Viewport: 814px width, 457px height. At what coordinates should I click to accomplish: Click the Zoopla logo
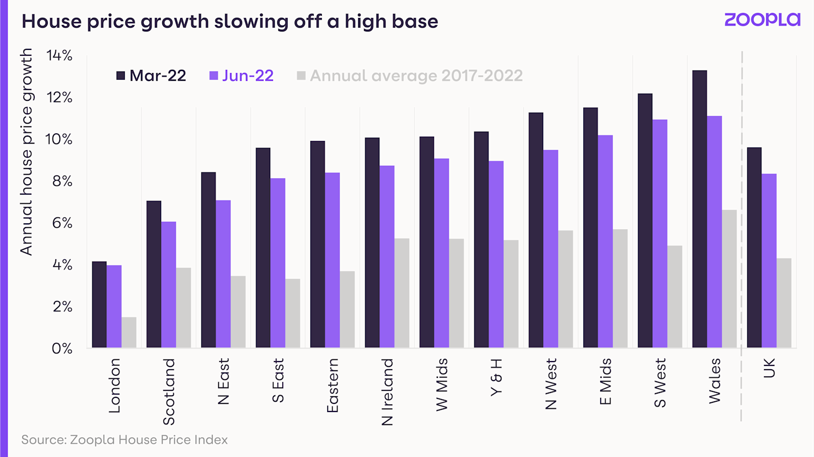click(x=762, y=20)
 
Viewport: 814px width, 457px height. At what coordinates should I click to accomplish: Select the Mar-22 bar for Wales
click(x=699, y=209)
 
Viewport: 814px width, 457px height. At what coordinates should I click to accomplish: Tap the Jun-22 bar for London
click(x=114, y=306)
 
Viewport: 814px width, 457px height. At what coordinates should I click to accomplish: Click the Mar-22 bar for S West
click(x=645, y=221)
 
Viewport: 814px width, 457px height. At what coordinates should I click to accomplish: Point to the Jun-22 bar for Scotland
click(x=168, y=285)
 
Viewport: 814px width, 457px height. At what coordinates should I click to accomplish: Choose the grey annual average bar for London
click(x=129, y=332)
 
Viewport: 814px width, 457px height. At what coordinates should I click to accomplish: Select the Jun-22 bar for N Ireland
click(x=387, y=256)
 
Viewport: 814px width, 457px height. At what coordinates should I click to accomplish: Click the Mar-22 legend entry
click(x=151, y=75)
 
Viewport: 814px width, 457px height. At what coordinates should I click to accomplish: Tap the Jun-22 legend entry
click(x=241, y=75)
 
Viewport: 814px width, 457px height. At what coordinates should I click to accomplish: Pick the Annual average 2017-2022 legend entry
click(x=410, y=75)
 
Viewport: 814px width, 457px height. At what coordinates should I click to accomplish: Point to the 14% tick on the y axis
click(x=59, y=55)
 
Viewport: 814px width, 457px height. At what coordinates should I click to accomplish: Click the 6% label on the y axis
click(x=62, y=223)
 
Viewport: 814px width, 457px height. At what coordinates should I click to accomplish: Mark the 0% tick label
click(x=62, y=349)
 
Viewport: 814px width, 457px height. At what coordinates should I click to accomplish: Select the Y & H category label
click(x=496, y=377)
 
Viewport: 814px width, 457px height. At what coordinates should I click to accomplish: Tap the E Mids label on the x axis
click(x=605, y=382)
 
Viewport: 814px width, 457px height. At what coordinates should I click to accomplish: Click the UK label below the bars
click(x=769, y=368)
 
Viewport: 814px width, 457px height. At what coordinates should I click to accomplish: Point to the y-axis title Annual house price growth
click(x=26, y=152)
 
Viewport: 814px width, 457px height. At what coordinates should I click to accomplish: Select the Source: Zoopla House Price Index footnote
click(x=124, y=440)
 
